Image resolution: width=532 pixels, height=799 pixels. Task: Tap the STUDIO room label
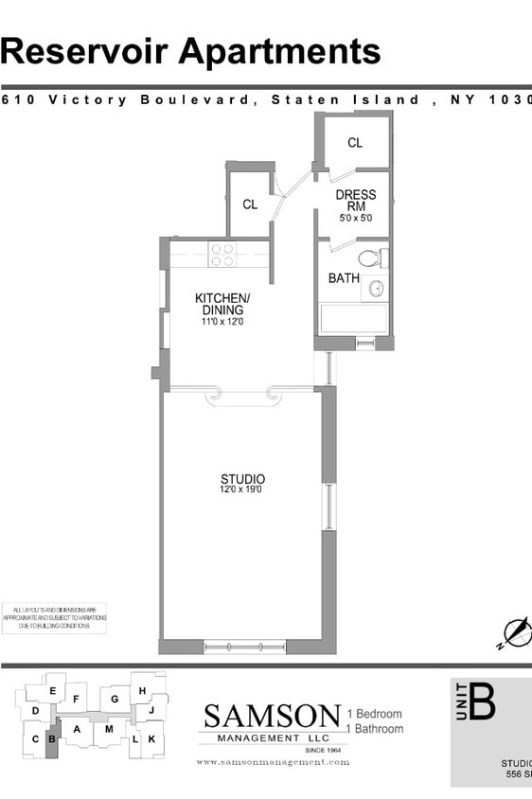(x=242, y=479)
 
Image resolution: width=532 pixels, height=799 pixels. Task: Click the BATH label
(x=344, y=278)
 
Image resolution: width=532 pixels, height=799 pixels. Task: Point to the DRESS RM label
(x=356, y=200)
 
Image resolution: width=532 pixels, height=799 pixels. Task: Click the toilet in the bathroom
(x=369, y=257)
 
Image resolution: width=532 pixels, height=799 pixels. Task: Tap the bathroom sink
(x=376, y=289)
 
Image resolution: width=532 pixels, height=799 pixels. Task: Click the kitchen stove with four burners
(x=222, y=255)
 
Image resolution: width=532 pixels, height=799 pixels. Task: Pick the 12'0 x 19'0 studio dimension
(x=242, y=490)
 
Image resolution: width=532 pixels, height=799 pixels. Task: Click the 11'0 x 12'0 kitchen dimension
(x=222, y=322)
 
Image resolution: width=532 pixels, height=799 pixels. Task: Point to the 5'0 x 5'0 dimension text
(x=356, y=219)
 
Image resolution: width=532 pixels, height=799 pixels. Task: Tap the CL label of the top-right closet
(x=355, y=143)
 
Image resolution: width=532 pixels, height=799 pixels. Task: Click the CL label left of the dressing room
(x=250, y=204)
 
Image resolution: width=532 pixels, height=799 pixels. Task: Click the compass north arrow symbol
(x=517, y=631)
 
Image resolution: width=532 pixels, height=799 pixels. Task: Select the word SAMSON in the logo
(x=273, y=716)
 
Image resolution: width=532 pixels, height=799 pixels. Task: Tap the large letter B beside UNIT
(x=483, y=703)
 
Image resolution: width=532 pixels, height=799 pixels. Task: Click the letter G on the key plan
(x=115, y=700)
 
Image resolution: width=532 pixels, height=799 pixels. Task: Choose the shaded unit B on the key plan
(x=52, y=739)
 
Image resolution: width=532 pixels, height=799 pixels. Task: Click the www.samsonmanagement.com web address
(x=273, y=762)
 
